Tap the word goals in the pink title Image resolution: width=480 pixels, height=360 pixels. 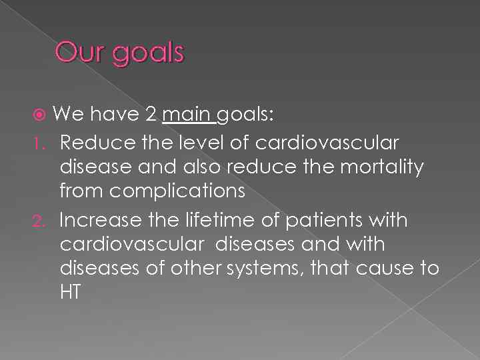(x=147, y=53)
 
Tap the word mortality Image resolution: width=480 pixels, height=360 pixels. (x=381, y=167)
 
